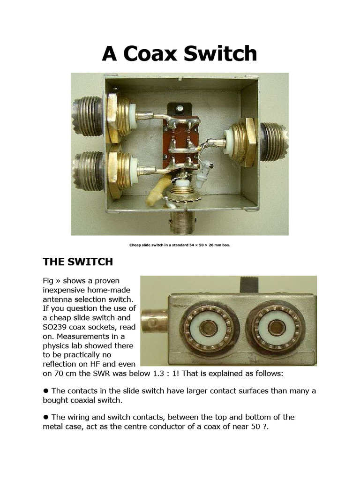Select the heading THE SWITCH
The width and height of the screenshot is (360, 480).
[x=77, y=261]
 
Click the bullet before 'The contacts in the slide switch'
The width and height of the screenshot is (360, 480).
[x=46, y=390]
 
